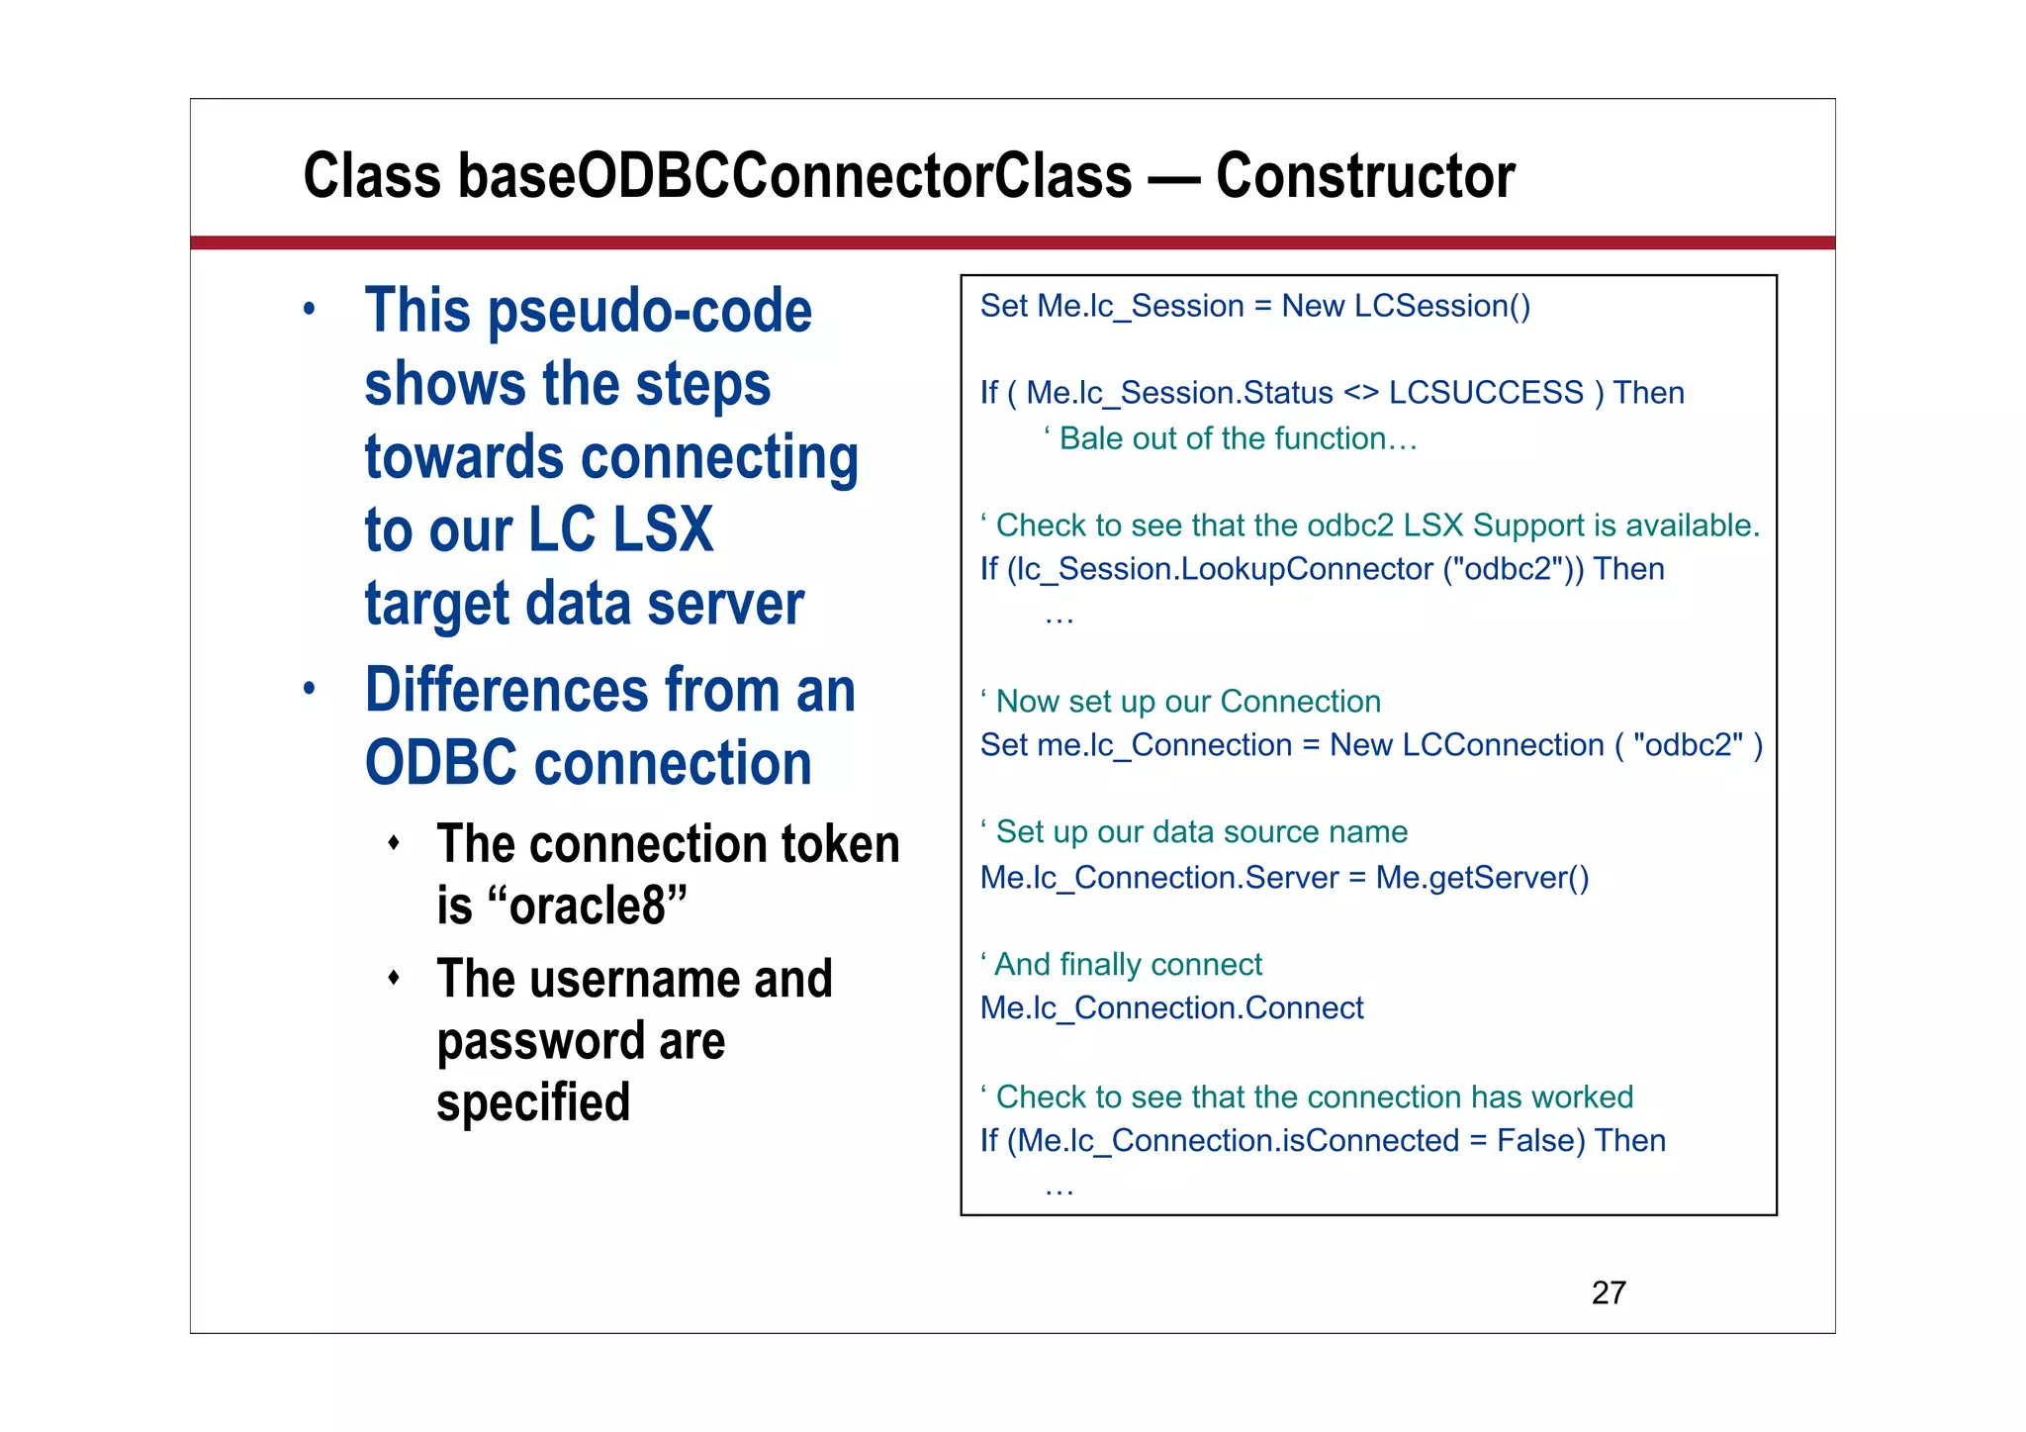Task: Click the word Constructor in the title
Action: point(1364,176)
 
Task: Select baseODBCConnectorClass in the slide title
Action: point(794,176)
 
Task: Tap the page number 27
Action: point(1609,1292)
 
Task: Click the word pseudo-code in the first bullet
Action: point(650,312)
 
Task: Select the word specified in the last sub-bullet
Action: point(533,1102)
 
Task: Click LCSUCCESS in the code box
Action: point(1486,393)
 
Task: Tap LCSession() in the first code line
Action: point(1441,306)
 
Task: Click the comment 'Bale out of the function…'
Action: point(1232,438)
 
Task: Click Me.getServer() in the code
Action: point(1482,878)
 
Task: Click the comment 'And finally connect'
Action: point(1122,964)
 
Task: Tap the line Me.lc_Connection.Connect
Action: point(1171,1008)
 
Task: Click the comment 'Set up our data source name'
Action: point(1194,832)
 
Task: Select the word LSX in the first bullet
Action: point(663,530)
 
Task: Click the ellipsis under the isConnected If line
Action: point(1059,1190)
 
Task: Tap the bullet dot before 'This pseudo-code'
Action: point(310,309)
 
